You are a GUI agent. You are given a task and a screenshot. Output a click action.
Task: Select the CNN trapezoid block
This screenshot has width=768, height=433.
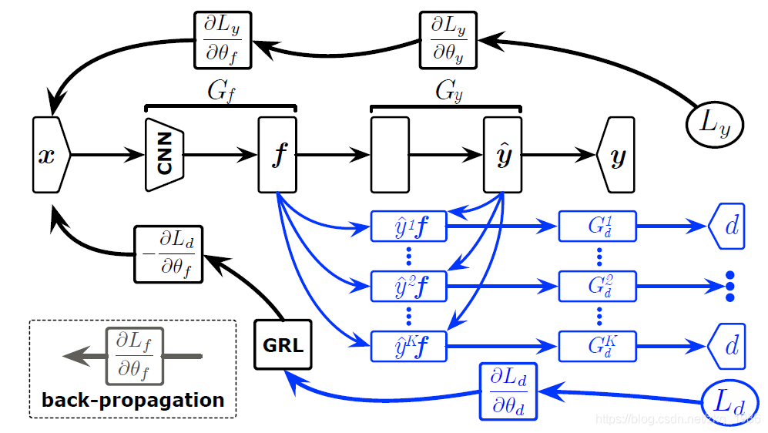pyautogui.click(x=164, y=155)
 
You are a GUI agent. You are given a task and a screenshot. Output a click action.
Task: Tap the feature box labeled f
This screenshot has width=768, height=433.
pyautogui.click(x=277, y=155)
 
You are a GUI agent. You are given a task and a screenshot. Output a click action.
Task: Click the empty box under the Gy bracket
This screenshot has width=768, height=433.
pyautogui.click(x=390, y=155)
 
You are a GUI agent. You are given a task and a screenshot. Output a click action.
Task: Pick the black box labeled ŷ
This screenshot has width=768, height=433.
pyautogui.click(x=502, y=155)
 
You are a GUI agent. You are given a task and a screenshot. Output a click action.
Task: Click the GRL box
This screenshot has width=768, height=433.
pyautogui.click(x=283, y=345)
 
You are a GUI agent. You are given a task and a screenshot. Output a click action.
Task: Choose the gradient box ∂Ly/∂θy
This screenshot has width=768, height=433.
pyautogui.click(x=448, y=39)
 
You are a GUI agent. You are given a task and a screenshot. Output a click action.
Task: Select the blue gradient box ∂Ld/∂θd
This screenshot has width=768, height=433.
pyautogui.click(x=508, y=391)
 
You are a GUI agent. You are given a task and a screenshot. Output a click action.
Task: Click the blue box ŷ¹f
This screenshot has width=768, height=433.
pyautogui.click(x=409, y=227)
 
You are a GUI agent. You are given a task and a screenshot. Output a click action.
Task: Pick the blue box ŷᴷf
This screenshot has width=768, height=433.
pyautogui.click(x=409, y=346)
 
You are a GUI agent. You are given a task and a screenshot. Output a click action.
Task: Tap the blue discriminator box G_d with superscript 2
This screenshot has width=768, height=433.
pyautogui.click(x=598, y=286)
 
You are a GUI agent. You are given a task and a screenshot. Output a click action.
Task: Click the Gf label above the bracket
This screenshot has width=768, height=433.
pyautogui.click(x=220, y=92)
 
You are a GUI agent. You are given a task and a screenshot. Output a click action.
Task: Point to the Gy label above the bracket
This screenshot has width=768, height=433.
pyautogui.click(x=447, y=92)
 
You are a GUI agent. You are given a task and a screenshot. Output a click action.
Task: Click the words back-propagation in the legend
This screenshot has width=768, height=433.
pyautogui.click(x=132, y=401)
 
